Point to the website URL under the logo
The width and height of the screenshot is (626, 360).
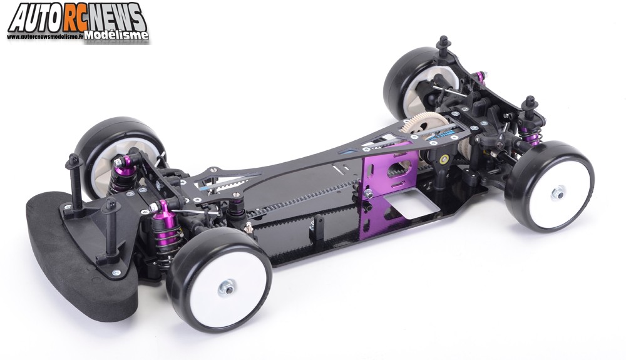click(46, 36)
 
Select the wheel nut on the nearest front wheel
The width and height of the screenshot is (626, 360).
click(227, 287)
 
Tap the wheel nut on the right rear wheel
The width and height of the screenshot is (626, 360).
click(558, 193)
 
